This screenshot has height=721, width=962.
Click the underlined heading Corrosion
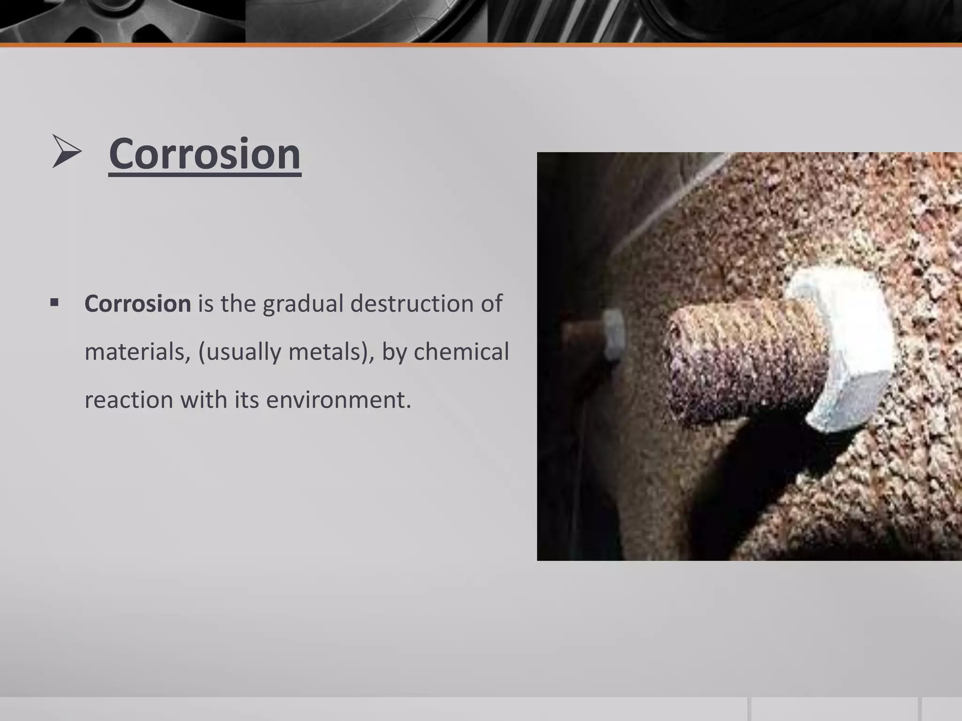pos(205,154)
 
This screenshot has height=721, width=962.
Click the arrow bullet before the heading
pos(66,151)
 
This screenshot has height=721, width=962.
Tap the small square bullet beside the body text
pos(54,303)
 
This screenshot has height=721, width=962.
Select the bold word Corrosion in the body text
pos(138,304)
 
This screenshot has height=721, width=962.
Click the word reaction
pos(129,400)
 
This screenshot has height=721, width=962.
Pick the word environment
pos(338,400)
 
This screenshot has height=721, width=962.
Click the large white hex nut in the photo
pos(841,347)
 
